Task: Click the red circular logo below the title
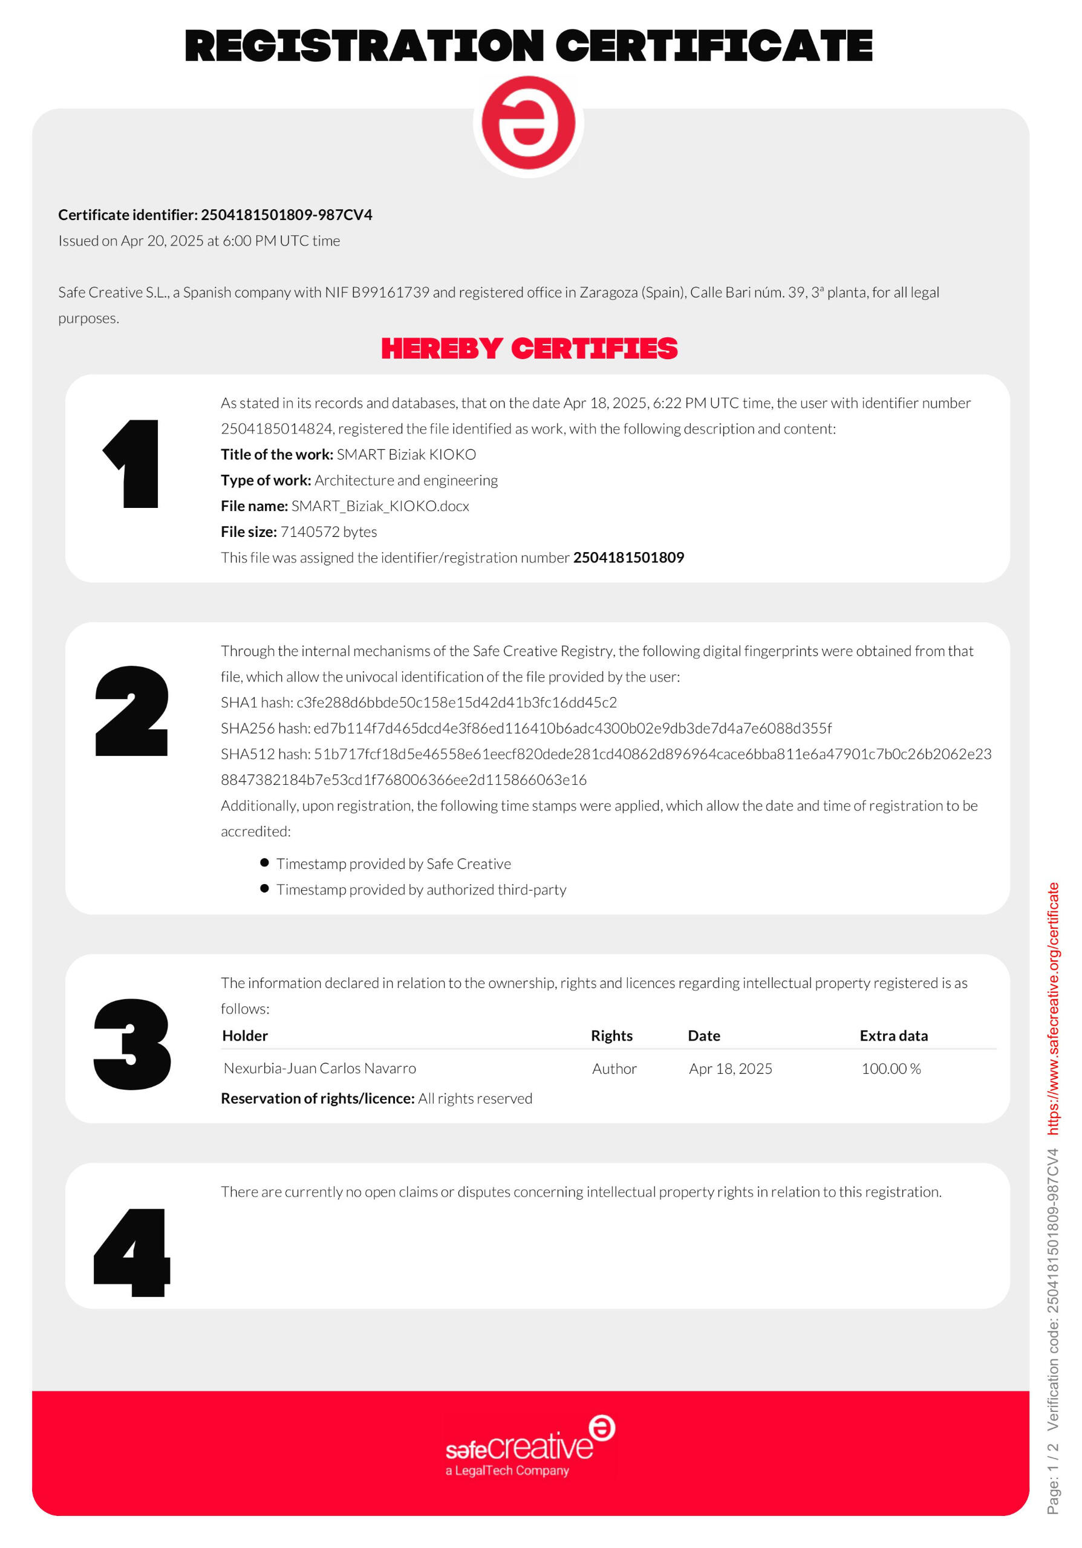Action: point(528,123)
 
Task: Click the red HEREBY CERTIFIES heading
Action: point(529,348)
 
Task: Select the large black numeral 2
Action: point(131,711)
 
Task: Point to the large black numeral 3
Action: point(132,1044)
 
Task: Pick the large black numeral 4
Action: point(132,1253)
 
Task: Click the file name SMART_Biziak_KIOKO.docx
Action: point(380,506)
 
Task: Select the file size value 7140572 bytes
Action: point(328,532)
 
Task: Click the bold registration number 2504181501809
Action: point(628,558)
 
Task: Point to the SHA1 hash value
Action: point(457,703)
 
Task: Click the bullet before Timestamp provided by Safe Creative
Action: point(264,863)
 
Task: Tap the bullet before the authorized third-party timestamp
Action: point(264,889)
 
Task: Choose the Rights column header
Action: point(611,1036)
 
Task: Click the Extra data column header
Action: point(893,1036)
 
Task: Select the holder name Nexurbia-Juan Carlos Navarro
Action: point(319,1068)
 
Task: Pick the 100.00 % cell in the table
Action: point(890,1068)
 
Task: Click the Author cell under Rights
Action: point(614,1068)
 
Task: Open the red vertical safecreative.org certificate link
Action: point(1053,1008)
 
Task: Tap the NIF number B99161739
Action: point(390,293)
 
